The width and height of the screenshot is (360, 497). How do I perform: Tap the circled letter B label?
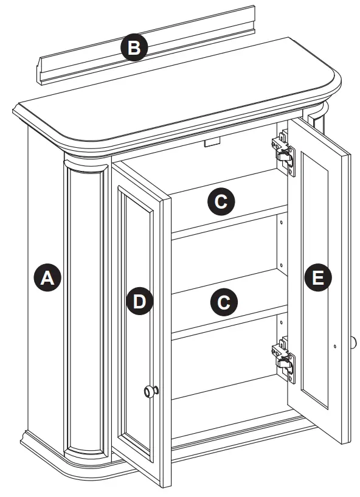(x=134, y=48)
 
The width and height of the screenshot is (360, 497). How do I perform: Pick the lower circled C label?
(x=224, y=302)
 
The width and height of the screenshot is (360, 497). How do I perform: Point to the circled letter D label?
(x=140, y=302)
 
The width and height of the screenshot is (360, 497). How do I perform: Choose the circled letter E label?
(x=317, y=279)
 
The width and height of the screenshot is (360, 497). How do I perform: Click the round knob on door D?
(x=150, y=392)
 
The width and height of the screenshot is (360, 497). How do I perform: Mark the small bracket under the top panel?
(x=212, y=143)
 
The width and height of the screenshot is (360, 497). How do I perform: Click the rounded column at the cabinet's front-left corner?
(x=85, y=304)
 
